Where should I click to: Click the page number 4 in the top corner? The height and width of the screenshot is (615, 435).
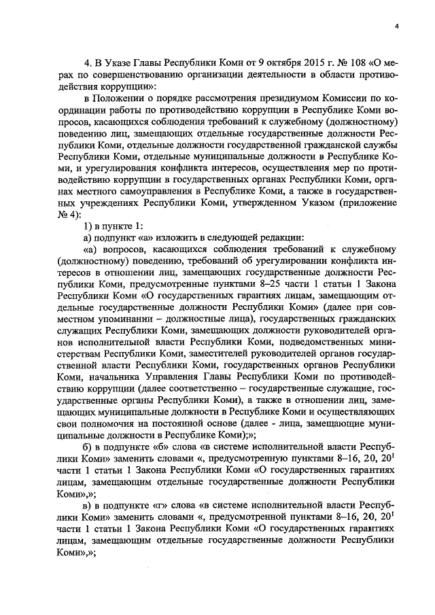coord(396,27)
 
